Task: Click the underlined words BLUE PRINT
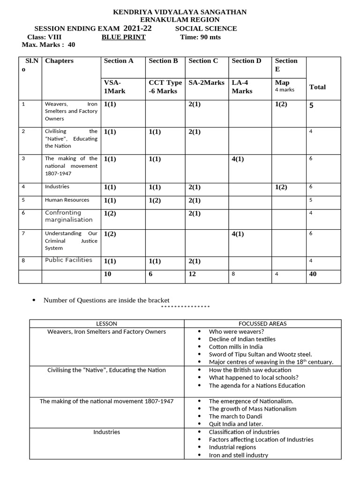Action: click(123, 37)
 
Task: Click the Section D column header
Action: click(246, 60)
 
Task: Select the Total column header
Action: click(317, 87)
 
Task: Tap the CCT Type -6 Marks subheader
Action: click(165, 87)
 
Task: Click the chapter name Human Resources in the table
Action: click(67, 200)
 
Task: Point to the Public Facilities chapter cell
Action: click(68, 260)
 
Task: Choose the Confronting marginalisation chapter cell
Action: click(68, 216)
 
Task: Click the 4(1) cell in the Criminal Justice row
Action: click(238, 234)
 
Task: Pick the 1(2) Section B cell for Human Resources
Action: click(156, 200)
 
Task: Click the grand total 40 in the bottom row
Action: click(313, 274)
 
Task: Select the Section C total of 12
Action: click(192, 274)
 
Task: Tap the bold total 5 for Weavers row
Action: click(311, 105)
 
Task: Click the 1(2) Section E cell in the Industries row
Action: click(281, 187)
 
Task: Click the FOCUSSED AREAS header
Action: click(262, 323)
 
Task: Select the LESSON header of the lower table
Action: click(106, 323)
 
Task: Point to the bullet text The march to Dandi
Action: click(235, 416)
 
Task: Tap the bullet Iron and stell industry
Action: click(238, 455)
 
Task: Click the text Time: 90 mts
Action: click(200, 37)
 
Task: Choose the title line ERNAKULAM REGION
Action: click(180, 20)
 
